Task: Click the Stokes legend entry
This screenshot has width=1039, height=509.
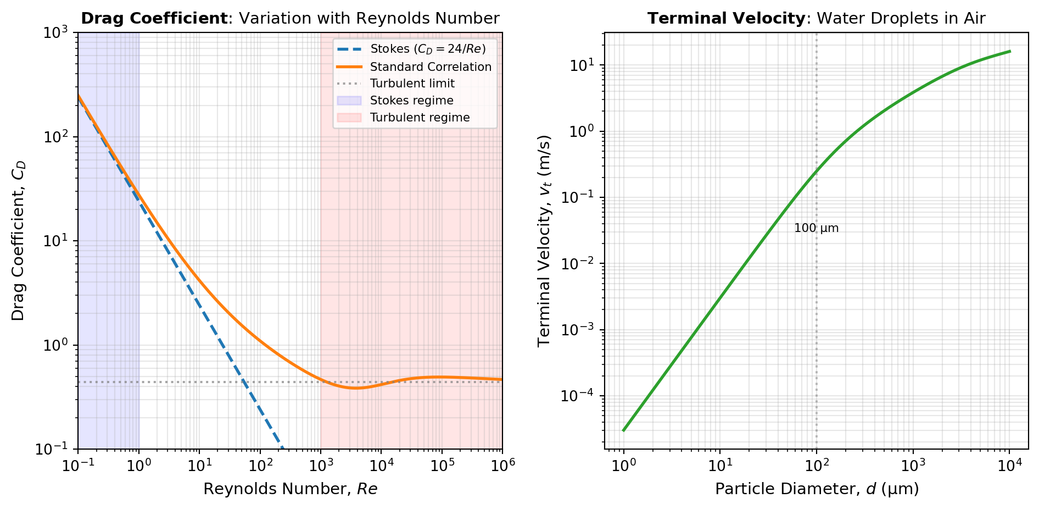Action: click(x=428, y=49)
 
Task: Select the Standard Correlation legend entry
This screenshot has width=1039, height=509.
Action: click(x=431, y=67)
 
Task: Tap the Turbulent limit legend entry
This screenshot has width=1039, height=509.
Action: click(x=412, y=84)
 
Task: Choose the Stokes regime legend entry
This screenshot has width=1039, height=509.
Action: click(x=411, y=101)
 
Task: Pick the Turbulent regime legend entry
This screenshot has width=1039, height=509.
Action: click(x=420, y=118)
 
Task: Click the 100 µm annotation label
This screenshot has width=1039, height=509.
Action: click(x=816, y=228)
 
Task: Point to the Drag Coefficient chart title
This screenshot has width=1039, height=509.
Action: click(x=290, y=19)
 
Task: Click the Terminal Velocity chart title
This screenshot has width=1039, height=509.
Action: click(x=816, y=19)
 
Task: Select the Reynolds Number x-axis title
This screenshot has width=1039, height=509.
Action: click(x=290, y=489)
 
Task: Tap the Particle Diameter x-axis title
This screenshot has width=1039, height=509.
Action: click(x=816, y=489)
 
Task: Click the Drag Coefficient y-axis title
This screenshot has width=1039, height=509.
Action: click(x=19, y=241)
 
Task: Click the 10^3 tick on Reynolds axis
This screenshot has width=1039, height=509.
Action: click(x=320, y=464)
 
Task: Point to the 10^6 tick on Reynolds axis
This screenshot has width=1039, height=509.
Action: click(x=502, y=464)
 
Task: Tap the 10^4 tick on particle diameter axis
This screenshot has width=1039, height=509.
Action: click(x=1009, y=466)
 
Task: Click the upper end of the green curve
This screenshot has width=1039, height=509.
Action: click(x=1009, y=52)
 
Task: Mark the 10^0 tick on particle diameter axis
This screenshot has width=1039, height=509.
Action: click(x=623, y=466)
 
